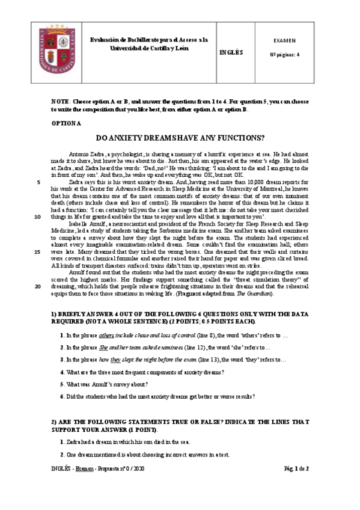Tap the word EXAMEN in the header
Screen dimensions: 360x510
284,41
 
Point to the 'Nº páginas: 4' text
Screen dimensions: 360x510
285,54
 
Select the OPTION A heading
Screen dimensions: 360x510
67,123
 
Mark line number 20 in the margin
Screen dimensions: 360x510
38,286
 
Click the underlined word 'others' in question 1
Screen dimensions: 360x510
106,334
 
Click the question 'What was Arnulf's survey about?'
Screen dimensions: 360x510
106,384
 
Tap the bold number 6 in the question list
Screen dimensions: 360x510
61,397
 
